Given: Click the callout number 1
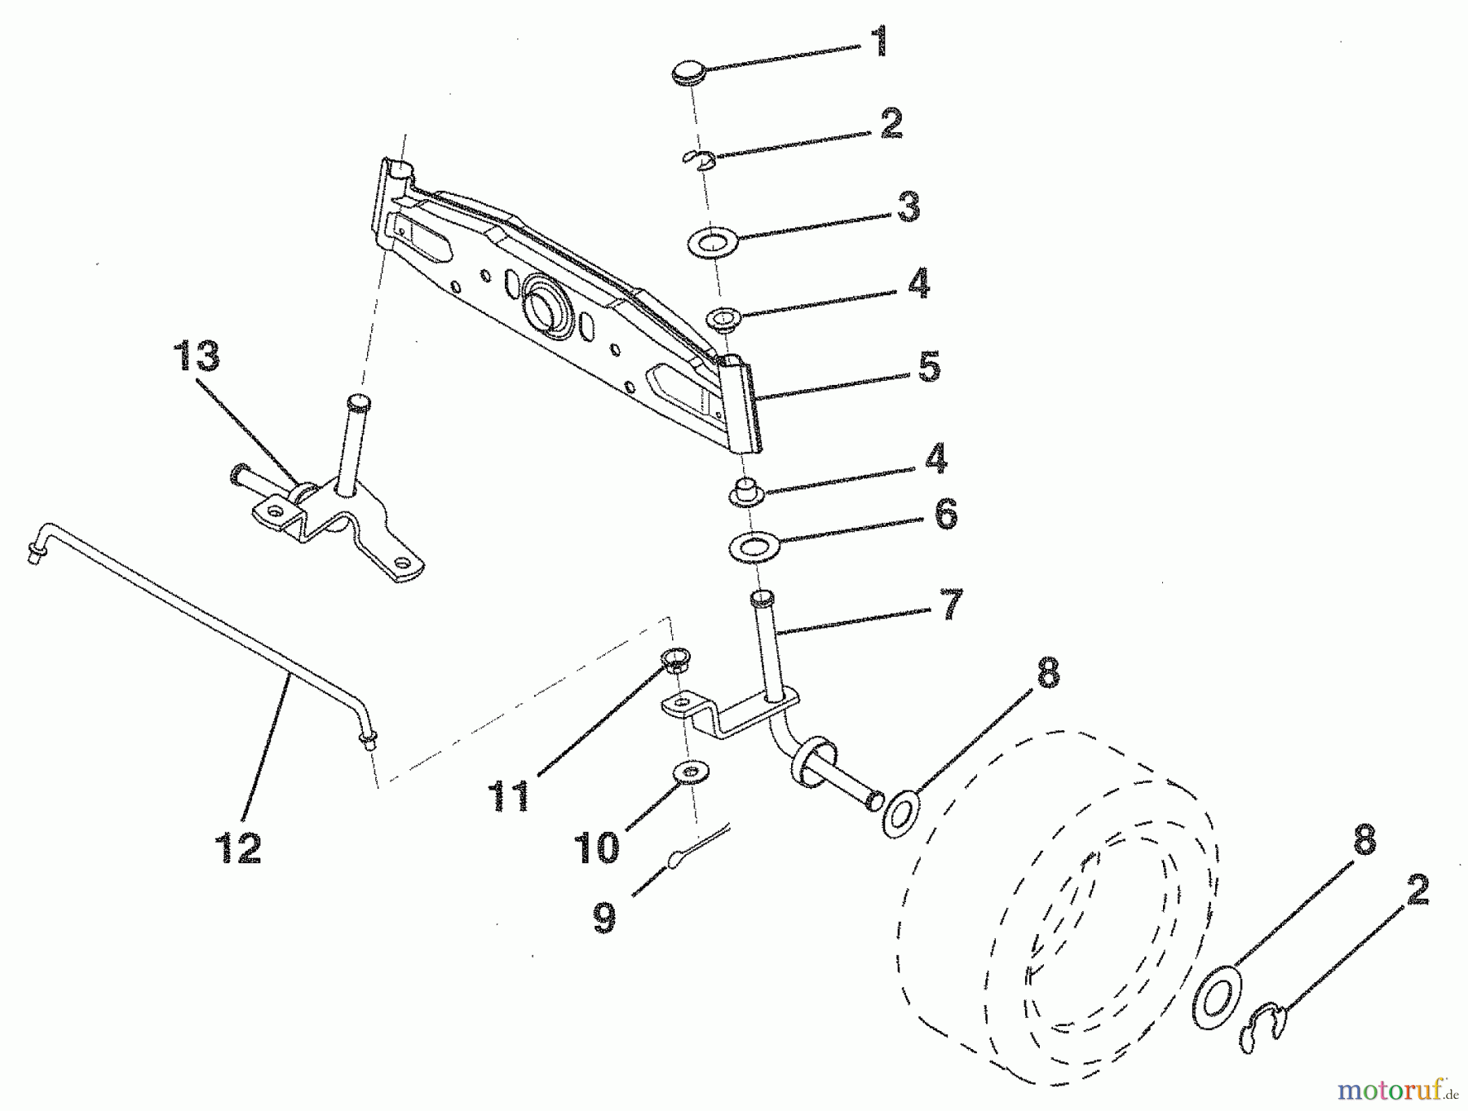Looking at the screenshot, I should pos(879,42).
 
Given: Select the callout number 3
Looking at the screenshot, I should pos(907,207).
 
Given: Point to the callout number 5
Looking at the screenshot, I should pos(928,366).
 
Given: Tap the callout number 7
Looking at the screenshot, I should pos(951,604).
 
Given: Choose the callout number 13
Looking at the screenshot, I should pos(197,357).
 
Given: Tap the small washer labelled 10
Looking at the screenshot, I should pos(692,771).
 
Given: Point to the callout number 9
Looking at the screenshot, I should pos(604,916).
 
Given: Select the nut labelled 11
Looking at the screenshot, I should pos(674,657).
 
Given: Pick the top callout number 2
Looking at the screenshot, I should pos(891,123).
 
